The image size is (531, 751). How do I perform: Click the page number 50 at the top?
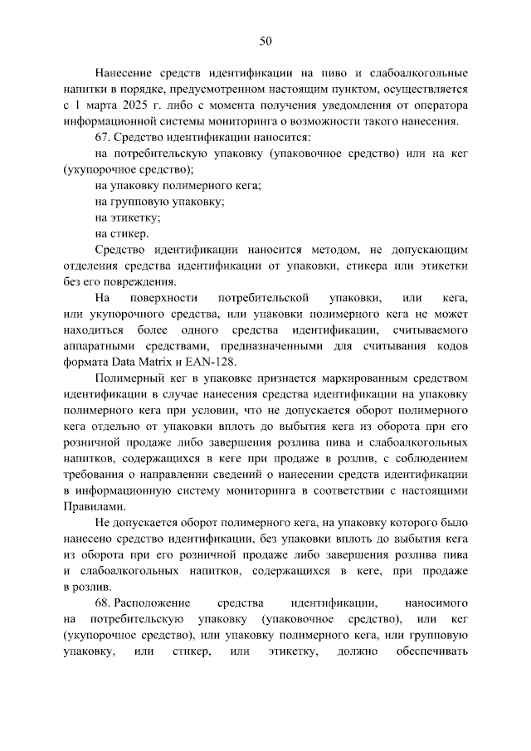[x=265, y=41]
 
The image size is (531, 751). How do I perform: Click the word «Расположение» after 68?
[x=154, y=602]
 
